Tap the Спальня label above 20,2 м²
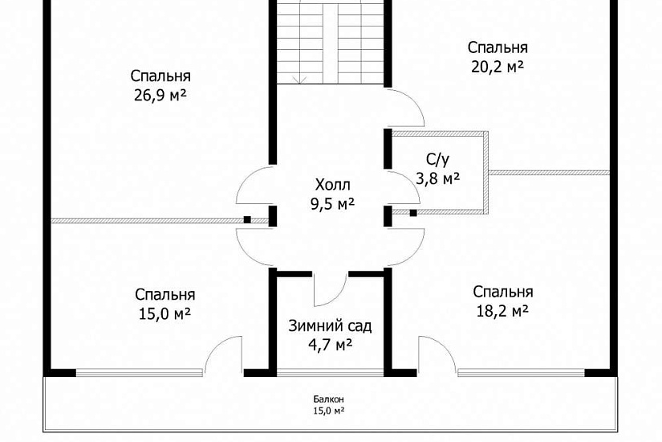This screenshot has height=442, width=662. point(498,47)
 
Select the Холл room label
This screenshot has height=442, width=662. point(332,185)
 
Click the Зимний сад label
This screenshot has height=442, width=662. point(330,326)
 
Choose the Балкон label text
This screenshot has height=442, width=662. point(329,399)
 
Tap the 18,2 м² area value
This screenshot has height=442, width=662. point(502,310)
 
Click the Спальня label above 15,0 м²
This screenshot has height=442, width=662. point(164,294)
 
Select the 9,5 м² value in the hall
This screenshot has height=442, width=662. point(332,204)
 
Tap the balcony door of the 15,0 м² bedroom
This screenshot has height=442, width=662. point(223,355)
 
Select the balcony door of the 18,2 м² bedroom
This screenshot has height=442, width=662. point(437,355)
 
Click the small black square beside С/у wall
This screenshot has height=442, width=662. point(413,213)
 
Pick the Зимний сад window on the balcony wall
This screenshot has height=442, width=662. point(329,372)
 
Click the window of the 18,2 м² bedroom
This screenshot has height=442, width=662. point(522,372)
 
